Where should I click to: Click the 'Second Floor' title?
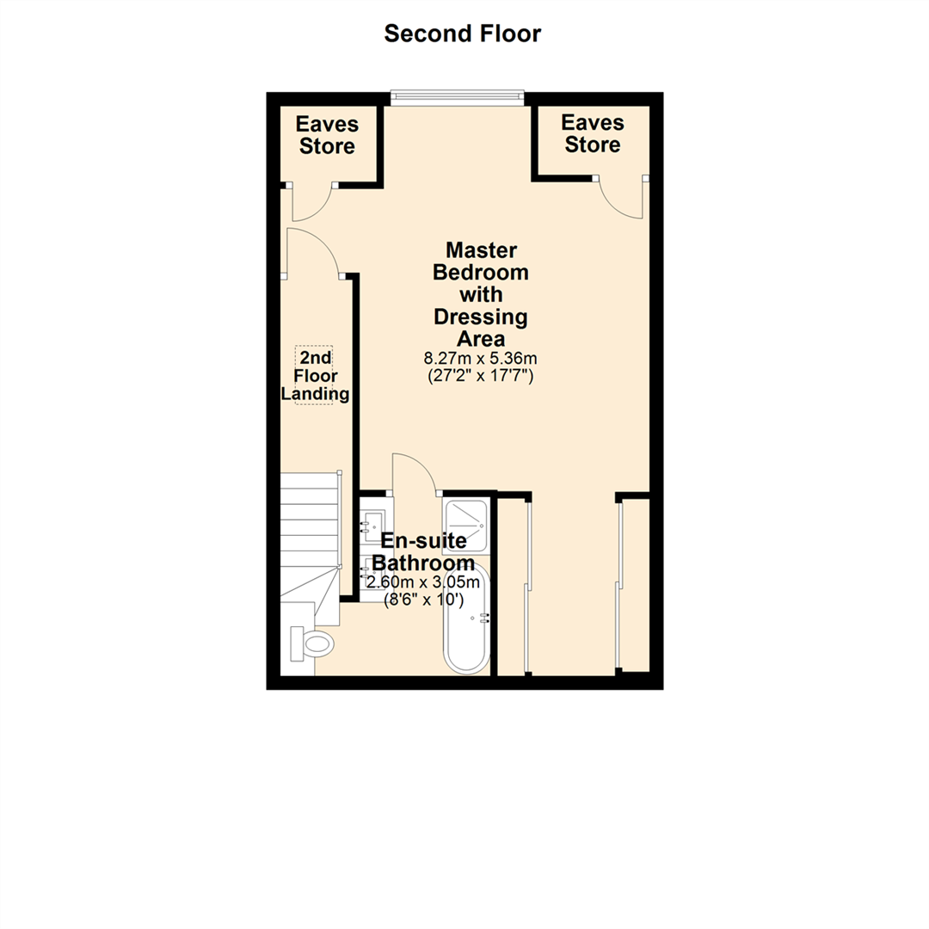pyautogui.click(x=463, y=34)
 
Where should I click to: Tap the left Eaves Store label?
pyautogui.click(x=327, y=135)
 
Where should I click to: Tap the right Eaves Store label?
pyautogui.click(x=593, y=133)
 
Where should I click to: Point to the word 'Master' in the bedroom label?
pyautogui.click(x=481, y=250)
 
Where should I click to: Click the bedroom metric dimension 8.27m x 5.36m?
pyautogui.click(x=481, y=358)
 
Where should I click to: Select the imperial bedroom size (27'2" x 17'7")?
pyautogui.click(x=481, y=375)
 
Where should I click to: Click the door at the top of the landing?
pyautogui.click(x=314, y=252)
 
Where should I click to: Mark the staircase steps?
pyautogui.click(x=309, y=525)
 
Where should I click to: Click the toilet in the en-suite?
pyautogui.click(x=311, y=643)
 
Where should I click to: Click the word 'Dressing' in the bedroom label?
pyautogui.click(x=481, y=317)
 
